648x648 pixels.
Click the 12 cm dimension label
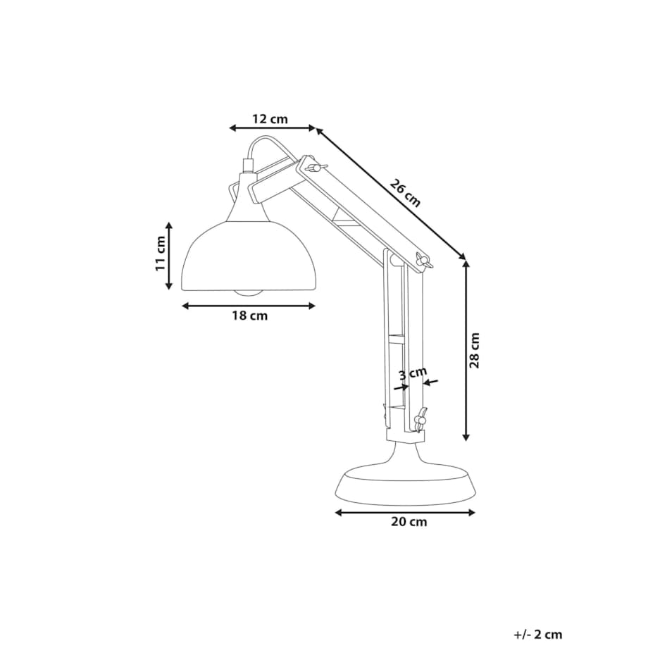pos(270,119)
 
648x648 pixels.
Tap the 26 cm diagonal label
pos(406,193)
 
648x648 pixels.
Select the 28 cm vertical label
pos(475,351)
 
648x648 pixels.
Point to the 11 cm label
pos(161,254)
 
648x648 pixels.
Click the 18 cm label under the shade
pos(249,316)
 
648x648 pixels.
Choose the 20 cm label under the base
pos(409,521)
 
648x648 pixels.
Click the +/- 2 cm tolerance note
pos(537,635)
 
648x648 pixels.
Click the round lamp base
pos(406,483)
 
